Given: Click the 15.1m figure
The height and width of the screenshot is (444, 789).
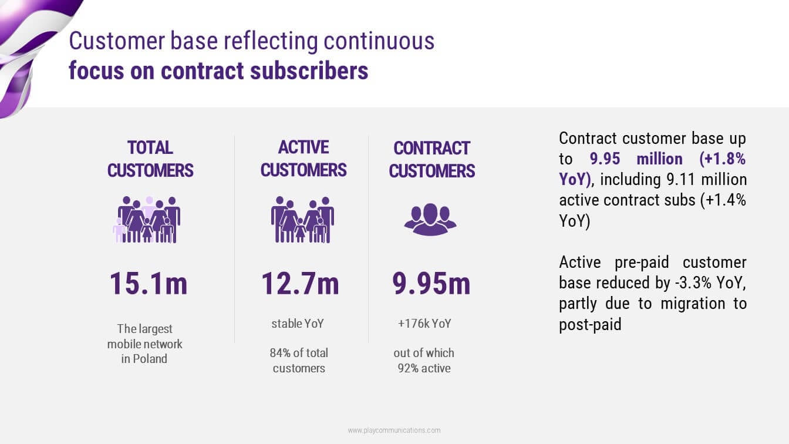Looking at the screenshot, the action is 149,283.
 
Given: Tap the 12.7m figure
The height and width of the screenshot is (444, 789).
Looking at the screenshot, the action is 300,283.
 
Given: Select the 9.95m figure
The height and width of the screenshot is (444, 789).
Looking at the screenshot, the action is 431,283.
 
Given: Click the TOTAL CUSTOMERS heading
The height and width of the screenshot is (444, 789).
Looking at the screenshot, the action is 150,159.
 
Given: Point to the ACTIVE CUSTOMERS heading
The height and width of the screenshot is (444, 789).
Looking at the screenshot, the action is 304,159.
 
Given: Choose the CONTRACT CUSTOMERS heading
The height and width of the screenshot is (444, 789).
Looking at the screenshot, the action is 432,160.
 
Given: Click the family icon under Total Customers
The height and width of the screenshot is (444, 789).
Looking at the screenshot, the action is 147,220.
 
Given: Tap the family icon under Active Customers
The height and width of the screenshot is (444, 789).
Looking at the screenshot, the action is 302,220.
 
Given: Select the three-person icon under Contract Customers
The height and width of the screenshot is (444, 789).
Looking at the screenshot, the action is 430,219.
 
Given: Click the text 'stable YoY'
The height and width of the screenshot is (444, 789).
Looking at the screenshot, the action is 298,324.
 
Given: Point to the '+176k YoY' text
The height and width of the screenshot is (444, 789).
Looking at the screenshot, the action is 424,324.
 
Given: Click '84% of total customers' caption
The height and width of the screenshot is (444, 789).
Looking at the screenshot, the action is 299,361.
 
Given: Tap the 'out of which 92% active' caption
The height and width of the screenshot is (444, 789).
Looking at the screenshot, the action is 424,361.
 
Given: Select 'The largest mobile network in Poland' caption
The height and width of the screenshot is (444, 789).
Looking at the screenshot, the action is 144,344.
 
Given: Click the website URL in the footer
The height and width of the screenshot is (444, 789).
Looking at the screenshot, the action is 394,430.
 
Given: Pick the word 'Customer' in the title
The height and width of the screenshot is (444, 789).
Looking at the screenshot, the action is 117,41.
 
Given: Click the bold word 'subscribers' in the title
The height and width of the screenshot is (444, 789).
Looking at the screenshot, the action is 309,70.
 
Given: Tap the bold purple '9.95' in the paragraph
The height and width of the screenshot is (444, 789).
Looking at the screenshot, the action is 605,159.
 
